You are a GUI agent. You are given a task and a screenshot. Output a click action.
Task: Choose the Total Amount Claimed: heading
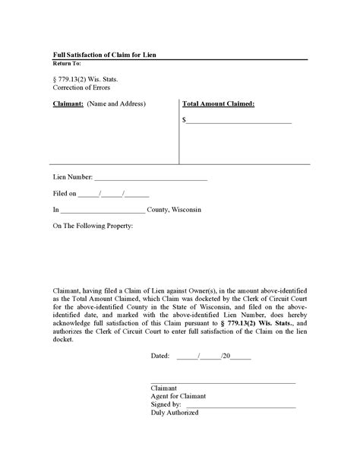(x=218, y=103)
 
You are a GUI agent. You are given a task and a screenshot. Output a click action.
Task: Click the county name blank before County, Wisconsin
(x=102, y=211)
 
